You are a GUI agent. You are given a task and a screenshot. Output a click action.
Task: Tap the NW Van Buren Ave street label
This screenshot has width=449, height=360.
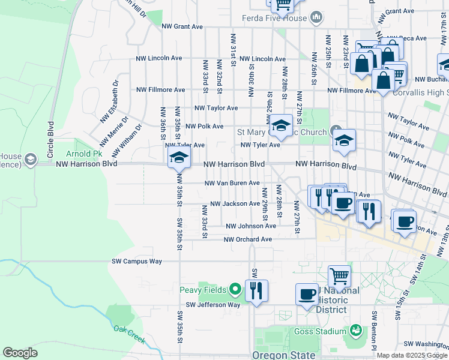tap(232, 183)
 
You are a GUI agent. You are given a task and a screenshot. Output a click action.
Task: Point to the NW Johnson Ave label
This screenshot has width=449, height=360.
tap(250, 226)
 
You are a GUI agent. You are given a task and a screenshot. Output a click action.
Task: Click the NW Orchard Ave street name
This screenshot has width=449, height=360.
tap(248, 239)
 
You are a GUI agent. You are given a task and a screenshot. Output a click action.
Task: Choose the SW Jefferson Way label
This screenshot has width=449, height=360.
tap(212, 305)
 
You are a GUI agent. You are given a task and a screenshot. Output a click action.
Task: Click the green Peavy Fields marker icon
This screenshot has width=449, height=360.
tap(235, 290)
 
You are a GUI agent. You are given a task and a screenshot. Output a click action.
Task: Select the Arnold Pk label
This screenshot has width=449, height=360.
tap(80, 154)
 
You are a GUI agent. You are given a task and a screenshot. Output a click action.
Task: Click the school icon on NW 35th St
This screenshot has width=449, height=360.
tap(178, 158)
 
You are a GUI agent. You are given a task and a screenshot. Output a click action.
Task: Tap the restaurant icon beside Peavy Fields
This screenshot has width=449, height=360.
tap(256, 290)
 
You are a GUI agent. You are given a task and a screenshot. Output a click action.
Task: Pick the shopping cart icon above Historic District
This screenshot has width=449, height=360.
tap(339, 277)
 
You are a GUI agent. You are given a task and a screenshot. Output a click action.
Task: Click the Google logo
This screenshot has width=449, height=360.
tap(20, 353)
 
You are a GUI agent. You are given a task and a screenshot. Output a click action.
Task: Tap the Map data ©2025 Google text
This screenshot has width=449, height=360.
tap(411, 355)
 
